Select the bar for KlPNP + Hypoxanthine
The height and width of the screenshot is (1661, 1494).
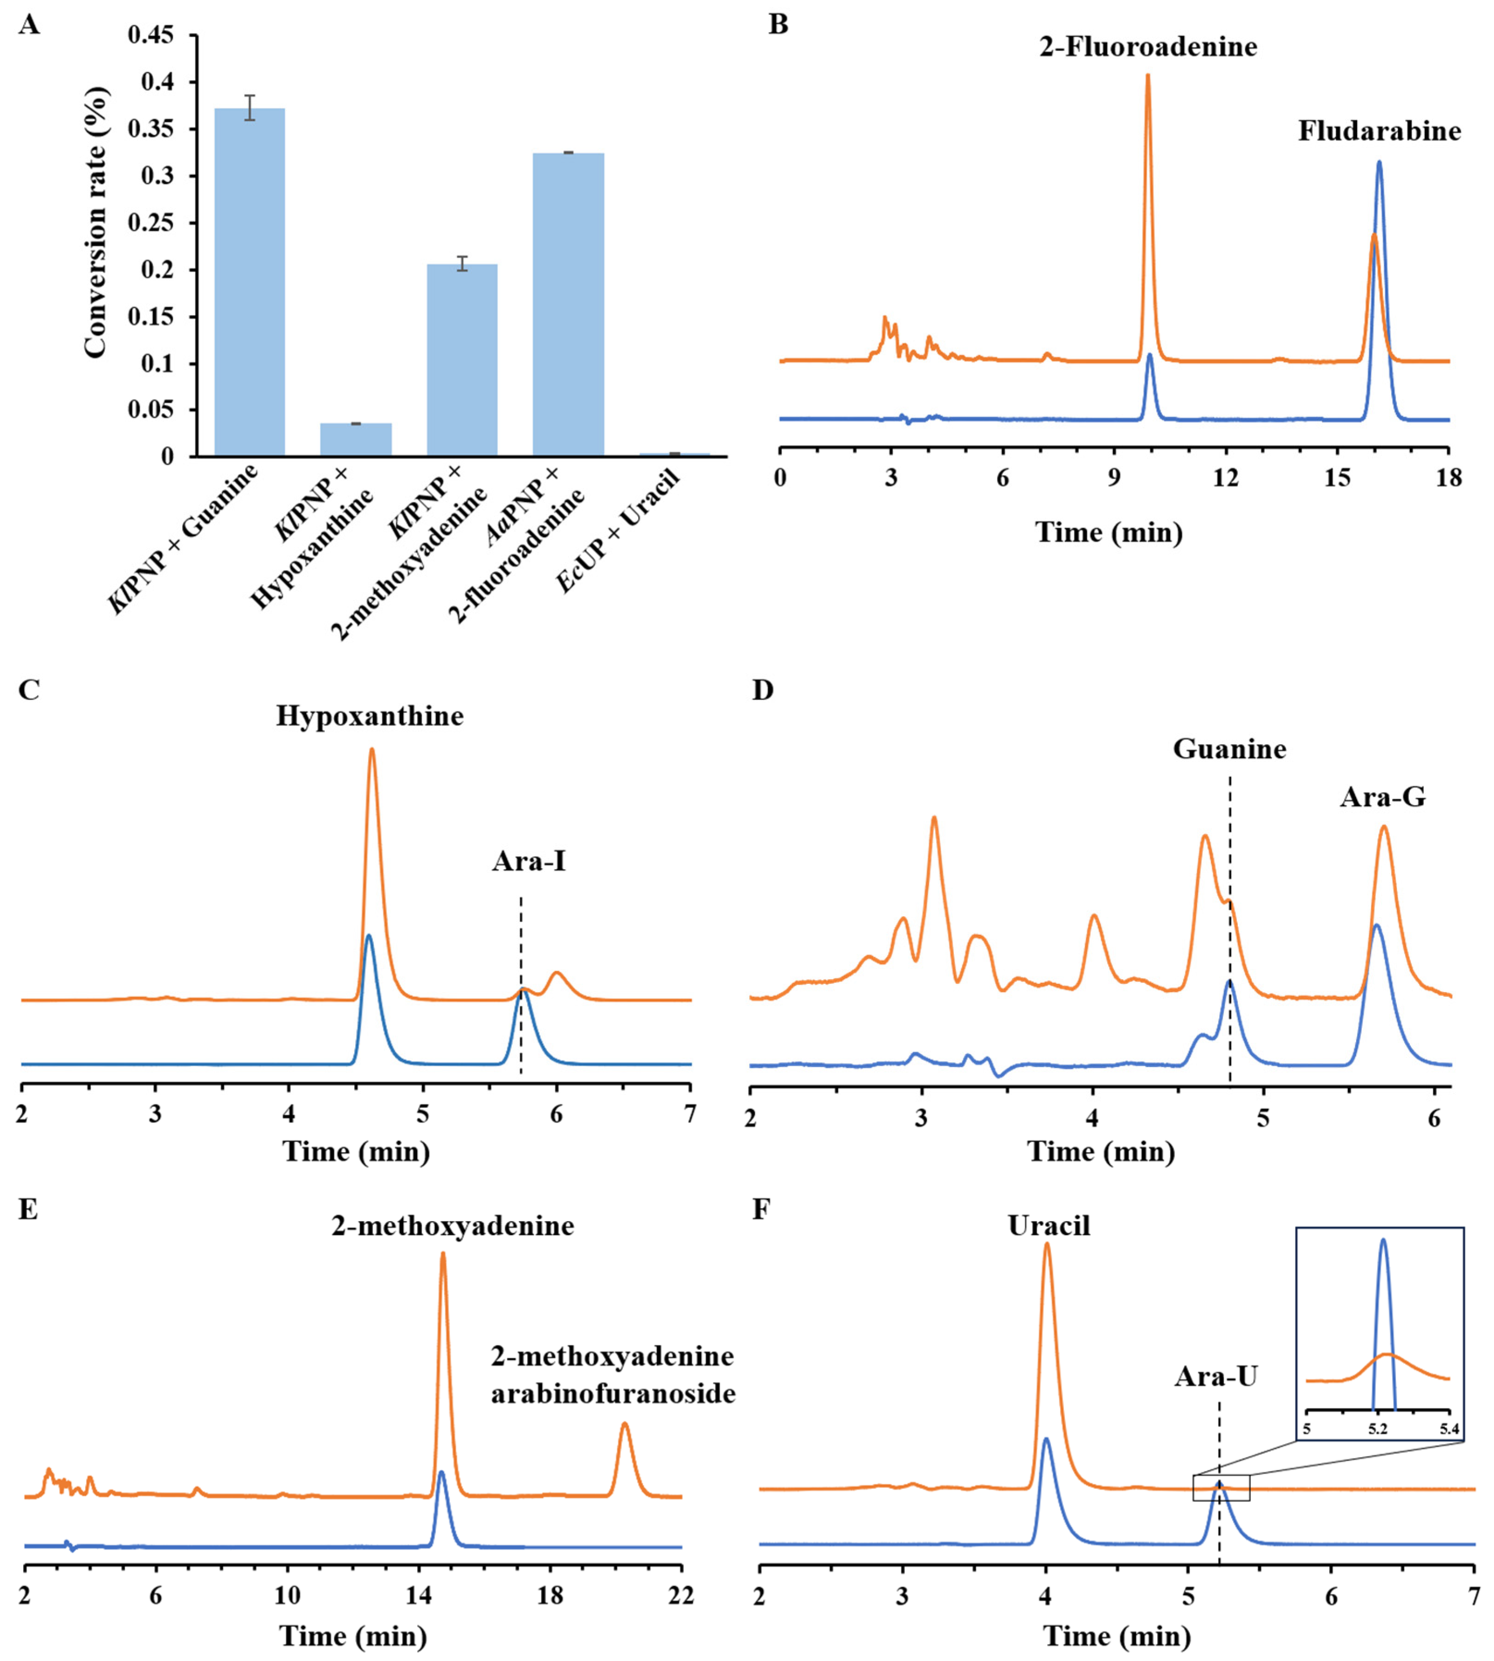point(356,439)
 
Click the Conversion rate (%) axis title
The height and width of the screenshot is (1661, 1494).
point(96,222)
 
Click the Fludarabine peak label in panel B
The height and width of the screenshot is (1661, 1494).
point(1379,131)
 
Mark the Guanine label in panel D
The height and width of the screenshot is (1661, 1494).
point(1229,749)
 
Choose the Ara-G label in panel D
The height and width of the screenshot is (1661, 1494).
point(1383,797)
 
